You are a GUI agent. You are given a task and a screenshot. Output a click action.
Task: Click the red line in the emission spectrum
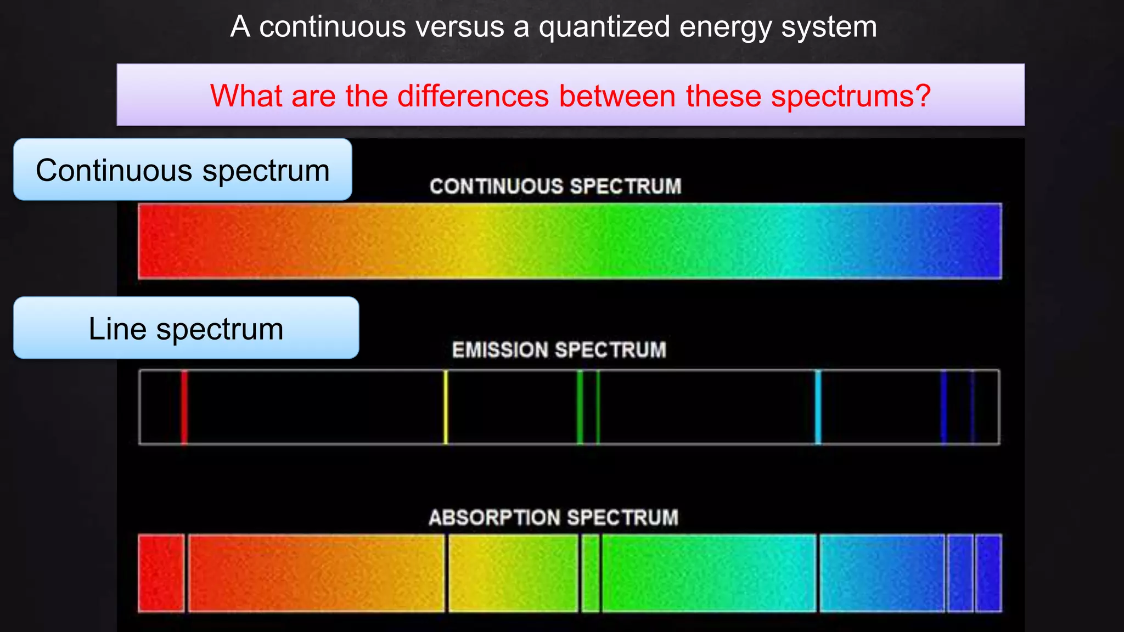(184, 407)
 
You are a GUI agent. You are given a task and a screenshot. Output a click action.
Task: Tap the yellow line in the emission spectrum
(446, 407)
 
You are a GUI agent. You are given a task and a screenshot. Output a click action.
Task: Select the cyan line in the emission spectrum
(818, 407)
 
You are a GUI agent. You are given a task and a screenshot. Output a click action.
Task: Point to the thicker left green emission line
(580, 407)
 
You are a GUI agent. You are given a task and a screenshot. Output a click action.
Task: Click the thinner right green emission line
(598, 407)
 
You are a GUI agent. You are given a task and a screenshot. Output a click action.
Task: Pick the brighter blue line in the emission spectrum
(943, 407)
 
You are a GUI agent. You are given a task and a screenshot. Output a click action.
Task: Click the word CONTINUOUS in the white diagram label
(496, 187)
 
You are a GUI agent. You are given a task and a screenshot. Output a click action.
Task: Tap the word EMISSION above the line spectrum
(499, 350)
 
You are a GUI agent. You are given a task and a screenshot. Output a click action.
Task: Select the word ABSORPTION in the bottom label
(494, 517)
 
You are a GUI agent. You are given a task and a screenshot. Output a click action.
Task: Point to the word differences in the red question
(473, 96)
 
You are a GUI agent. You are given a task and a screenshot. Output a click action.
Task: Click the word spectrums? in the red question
(851, 96)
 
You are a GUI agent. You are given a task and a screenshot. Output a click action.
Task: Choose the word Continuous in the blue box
(113, 170)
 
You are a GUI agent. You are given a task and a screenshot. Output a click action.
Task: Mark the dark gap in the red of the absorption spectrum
(187, 573)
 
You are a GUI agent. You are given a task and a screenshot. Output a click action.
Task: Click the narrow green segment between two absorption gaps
(591, 573)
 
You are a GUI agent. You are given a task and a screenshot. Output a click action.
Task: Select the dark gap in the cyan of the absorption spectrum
(818, 573)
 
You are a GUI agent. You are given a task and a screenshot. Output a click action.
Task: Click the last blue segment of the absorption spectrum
(988, 573)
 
